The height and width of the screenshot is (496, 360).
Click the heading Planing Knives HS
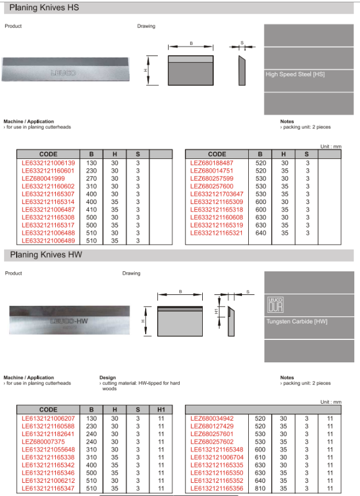coord(40,8)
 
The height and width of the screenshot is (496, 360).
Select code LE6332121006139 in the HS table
coord(48,163)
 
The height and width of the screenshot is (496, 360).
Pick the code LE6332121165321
coord(217,233)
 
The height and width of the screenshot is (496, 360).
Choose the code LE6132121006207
coord(48,418)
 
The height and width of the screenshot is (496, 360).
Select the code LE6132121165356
coord(217,488)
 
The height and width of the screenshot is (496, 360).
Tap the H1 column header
coord(161,409)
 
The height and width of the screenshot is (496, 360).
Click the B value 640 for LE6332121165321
coord(260,233)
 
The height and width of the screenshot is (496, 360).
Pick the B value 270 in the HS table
coord(91,179)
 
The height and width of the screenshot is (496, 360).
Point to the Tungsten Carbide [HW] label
coord(297,321)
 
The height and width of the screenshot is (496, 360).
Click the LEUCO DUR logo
coord(276,304)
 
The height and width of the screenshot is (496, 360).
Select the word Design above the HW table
coord(108,378)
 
